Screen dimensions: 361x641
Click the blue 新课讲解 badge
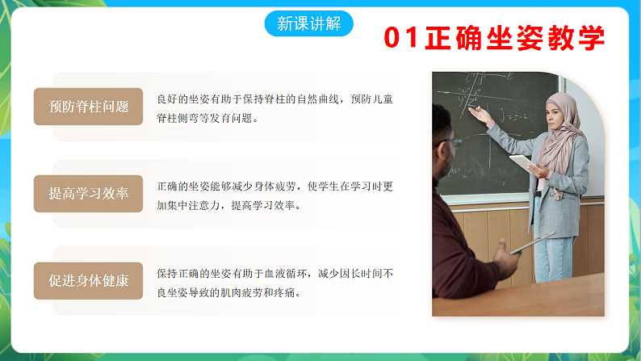pos(308,23)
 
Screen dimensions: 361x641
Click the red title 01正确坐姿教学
pos(494,37)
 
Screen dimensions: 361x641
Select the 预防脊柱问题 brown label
pos(89,107)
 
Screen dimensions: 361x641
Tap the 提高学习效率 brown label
pos(89,194)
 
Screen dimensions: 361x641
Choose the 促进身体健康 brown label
pos(89,281)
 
